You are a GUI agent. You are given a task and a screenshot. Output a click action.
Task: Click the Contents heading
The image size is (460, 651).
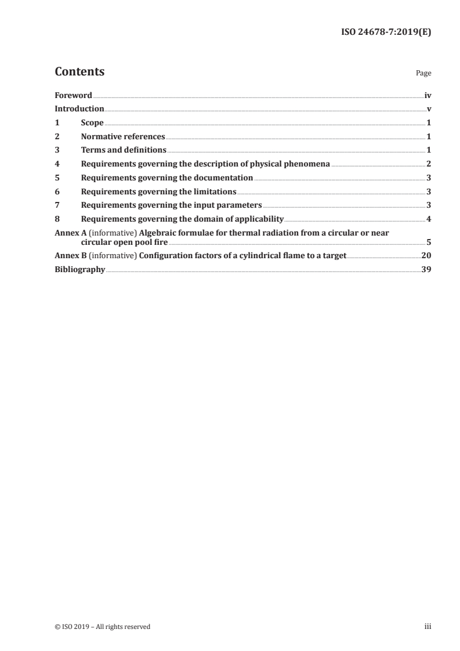[x=79, y=72]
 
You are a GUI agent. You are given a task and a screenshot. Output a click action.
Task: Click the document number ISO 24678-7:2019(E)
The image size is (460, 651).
[x=385, y=32]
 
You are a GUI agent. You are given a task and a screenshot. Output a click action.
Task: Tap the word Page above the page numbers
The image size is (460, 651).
[x=423, y=74]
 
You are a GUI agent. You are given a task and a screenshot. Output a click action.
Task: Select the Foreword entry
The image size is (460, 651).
[x=73, y=95]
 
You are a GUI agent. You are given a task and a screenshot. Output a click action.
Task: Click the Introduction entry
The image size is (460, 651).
[x=79, y=109]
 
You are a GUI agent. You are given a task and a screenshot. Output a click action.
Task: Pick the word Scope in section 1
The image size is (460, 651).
[x=92, y=123]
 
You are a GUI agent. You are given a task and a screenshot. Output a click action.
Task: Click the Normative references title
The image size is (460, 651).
[x=123, y=137]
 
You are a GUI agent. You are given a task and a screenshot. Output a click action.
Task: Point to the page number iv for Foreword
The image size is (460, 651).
[x=428, y=95]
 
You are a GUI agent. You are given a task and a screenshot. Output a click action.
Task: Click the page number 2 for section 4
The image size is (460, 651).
[x=428, y=164]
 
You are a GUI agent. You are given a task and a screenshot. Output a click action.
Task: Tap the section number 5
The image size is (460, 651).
[x=57, y=178]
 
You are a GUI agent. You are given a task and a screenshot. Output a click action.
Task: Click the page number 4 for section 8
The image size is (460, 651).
[x=428, y=219]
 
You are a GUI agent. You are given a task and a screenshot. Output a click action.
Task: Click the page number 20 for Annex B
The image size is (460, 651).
[x=426, y=255]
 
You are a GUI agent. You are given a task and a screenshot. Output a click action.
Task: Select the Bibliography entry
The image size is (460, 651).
[x=79, y=269]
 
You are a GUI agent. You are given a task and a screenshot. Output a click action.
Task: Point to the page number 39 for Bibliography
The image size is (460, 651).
[x=426, y=269]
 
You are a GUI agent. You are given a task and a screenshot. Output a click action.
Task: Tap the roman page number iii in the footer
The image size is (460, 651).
[x=428, y=627]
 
